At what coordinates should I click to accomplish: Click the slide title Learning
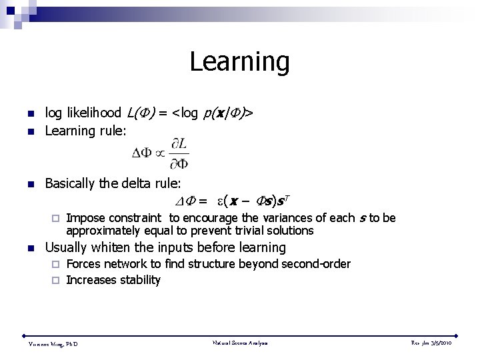[239, 62]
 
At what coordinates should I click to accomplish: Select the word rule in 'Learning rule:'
[110, 132]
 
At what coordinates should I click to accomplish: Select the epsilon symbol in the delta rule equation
[219, 200]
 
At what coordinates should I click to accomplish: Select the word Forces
[83, 264]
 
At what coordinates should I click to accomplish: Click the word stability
[140, 280]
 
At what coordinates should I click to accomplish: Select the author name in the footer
[53, 343]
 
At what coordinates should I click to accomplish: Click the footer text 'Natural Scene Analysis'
[239, 343]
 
